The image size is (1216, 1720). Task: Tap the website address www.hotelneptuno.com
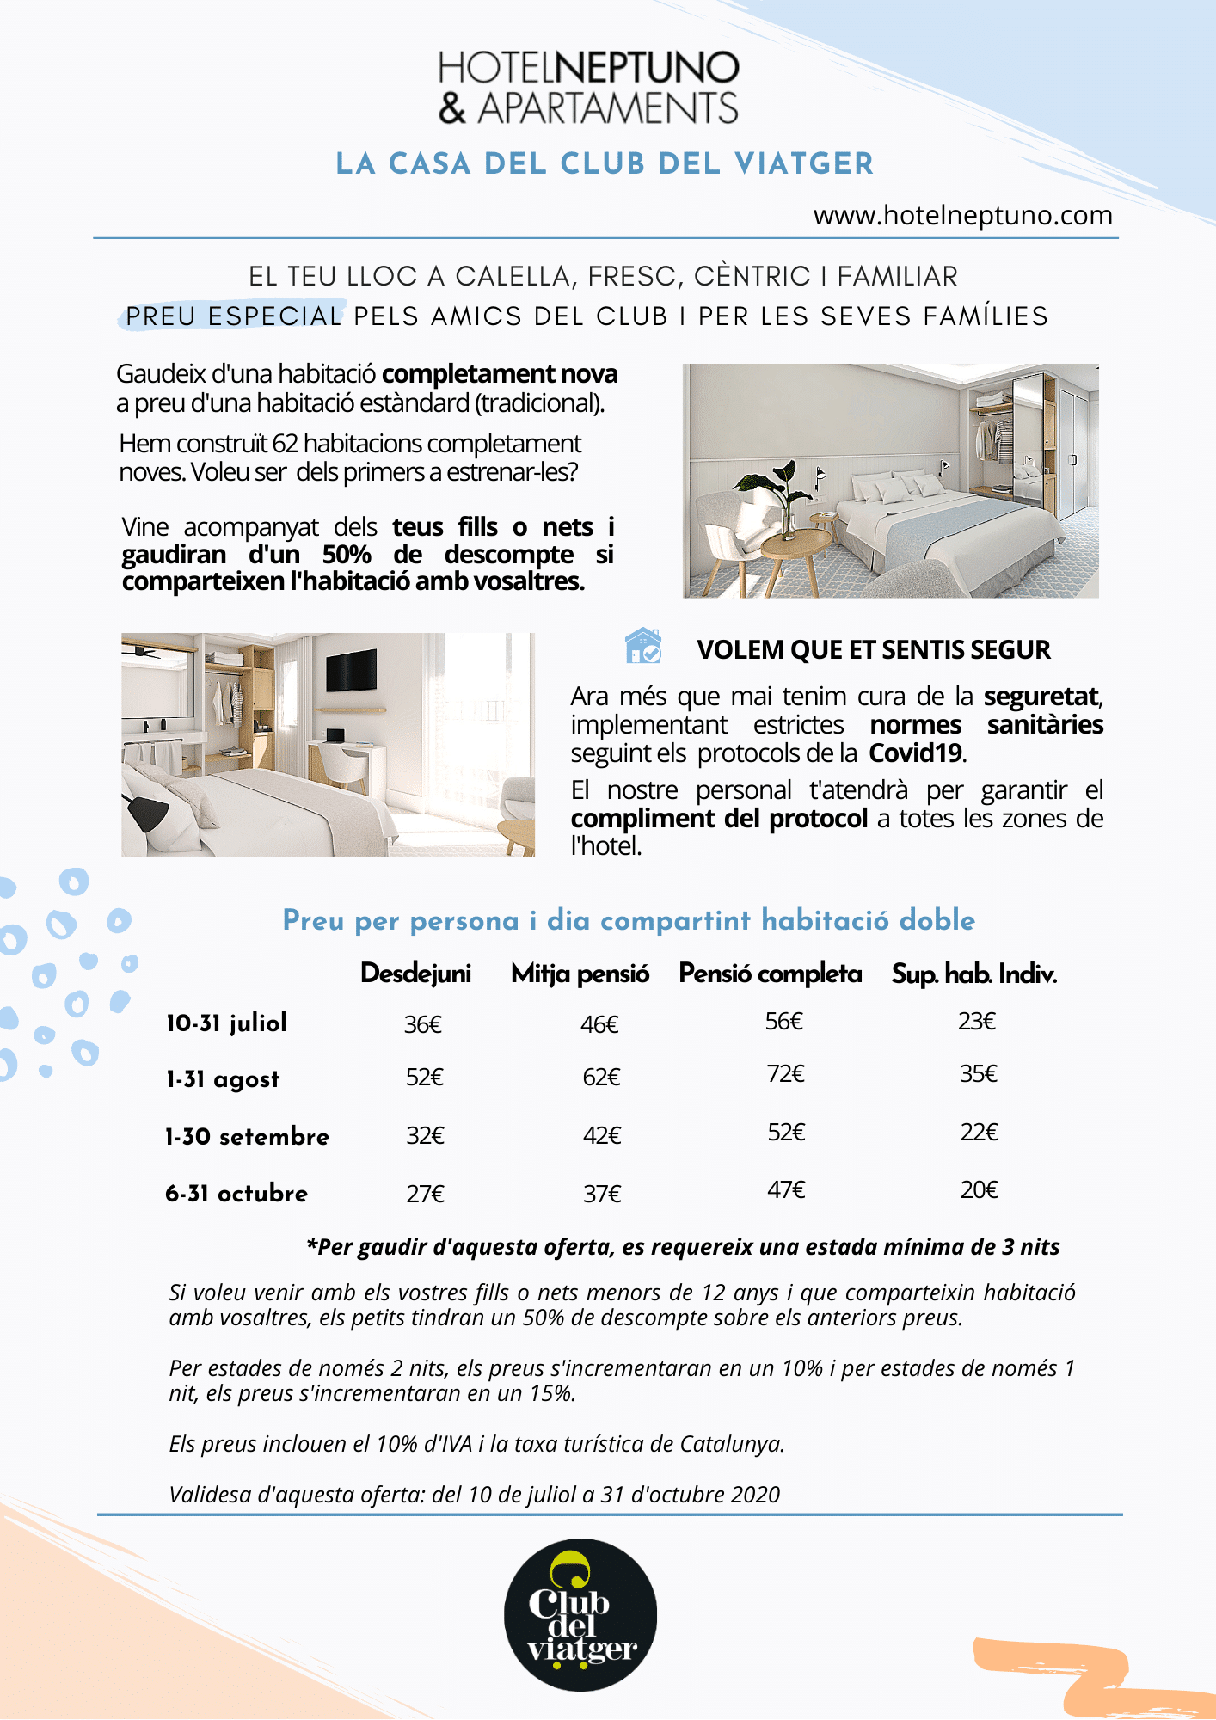pyautogui.click(x=962, y=215)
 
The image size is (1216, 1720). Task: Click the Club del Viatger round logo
pyautogui.click(x=580, y=1614)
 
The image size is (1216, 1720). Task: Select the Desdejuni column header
pyautogui.click(x=415, y=974)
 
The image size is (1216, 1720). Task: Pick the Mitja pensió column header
pyautogui.click(x=580, y=974)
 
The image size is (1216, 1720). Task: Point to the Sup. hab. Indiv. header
pyautogui.click(x=973, y=974)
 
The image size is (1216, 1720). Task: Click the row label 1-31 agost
pyautogui.click(x=224, y=1079)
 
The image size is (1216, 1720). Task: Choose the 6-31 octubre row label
pyautogui.click(x=236, y=1194)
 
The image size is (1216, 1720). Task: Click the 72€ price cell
pyautogui.click(x=785, y=1074)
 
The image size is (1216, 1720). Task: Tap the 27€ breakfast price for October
pyautogui.click(x=425, y=1195)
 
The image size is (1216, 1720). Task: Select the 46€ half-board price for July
pyautogui.click(x=599, y=1024)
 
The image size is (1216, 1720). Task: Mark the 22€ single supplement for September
pyautogui.click(x=979, y=1133)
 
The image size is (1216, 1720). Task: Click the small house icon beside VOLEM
pyautogui.click(x=643, y=646)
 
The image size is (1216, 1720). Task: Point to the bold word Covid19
pyautogui.click(x=916, y=753)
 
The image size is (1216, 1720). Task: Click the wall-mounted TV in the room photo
pyautogui.click(x=352, y=672)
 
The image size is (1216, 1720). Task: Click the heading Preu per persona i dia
pyautogui.click(x=628, y=921)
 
